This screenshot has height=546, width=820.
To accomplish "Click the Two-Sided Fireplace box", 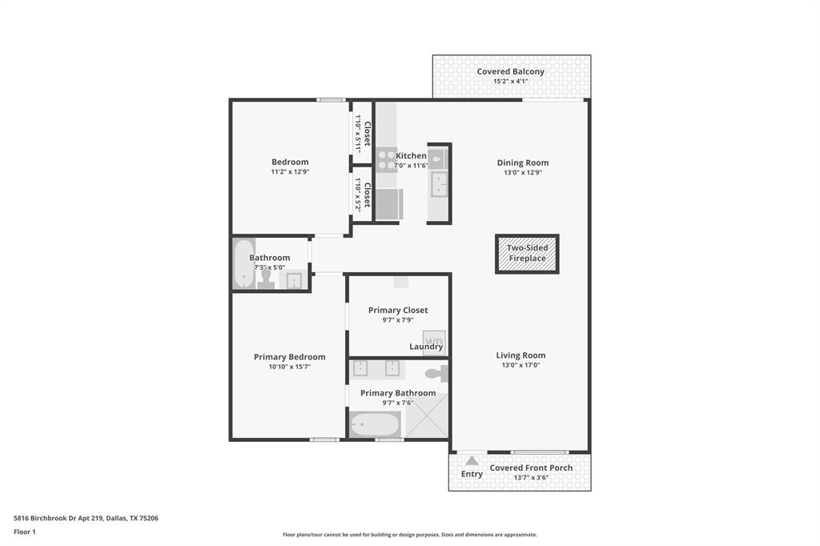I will point(527,254).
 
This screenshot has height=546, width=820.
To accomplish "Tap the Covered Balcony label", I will point(510,71).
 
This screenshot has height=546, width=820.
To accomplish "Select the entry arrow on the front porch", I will point(472,460).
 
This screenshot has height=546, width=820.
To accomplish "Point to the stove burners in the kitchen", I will point(387,160).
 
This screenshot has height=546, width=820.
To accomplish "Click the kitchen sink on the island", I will point(439,185).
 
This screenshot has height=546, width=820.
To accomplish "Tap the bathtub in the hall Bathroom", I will point(241,263).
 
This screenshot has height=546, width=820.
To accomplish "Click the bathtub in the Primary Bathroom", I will point(374,424).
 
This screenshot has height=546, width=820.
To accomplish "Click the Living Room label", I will point(520,355).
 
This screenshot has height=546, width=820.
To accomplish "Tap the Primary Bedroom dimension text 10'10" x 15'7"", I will point(289,367).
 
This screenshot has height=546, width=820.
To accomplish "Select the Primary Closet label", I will point(398,310).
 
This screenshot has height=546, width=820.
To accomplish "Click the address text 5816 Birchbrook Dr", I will point(86,518).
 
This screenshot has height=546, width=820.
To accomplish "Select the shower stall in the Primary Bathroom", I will point(426,416).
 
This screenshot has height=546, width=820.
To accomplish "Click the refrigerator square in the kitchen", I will point(388,204).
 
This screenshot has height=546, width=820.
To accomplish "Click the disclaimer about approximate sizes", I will point(409,535).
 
